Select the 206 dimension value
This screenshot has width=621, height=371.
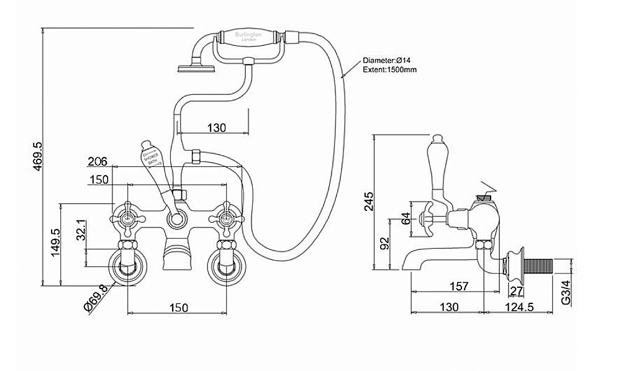pyautogui.click(x=97, y=161)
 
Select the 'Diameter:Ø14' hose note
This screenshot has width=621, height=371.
pyautogui.click(x=387, y=60)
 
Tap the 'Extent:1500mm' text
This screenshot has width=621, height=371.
pyautogui.click(x=388, y=69)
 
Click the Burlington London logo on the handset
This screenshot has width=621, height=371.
pyautogui.click(x=248, y=36)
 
